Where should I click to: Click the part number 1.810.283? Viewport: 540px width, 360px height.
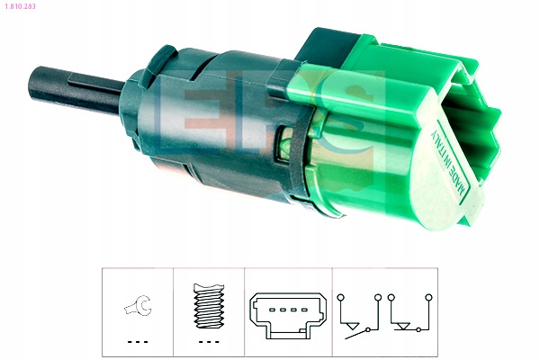20,6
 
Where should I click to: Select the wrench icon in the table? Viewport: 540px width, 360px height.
138,305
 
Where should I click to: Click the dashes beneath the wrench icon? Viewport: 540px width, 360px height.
138,342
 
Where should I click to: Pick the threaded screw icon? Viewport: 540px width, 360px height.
209,306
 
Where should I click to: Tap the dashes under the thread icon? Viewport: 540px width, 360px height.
209,342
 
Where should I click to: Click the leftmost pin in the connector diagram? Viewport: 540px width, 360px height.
272,310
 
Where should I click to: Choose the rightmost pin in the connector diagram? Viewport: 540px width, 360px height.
304,310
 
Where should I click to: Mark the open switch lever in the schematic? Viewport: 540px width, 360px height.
356,334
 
